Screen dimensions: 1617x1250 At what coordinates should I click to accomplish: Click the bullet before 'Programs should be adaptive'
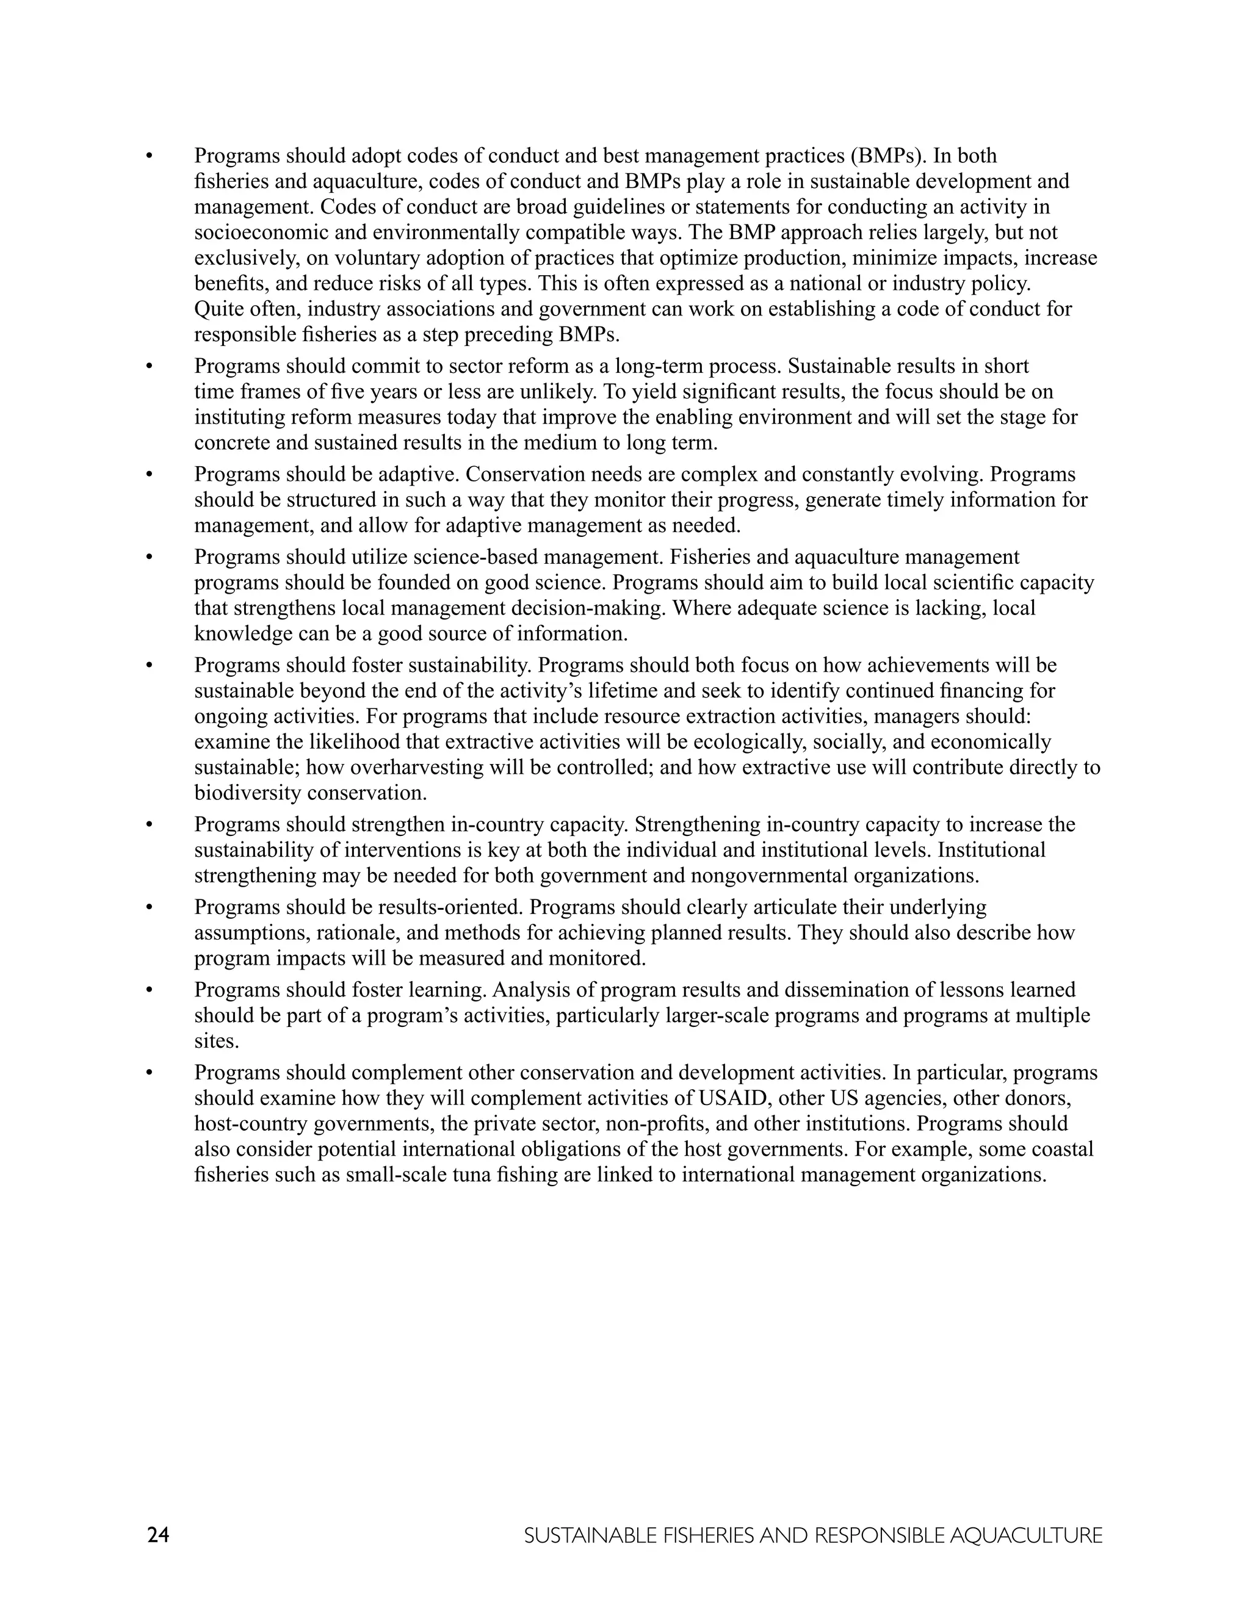(x=149, y=475)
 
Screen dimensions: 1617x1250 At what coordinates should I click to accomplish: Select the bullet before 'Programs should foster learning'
(x=149, y=990)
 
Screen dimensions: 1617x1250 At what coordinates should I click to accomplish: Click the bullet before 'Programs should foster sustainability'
(x=149, y=666)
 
